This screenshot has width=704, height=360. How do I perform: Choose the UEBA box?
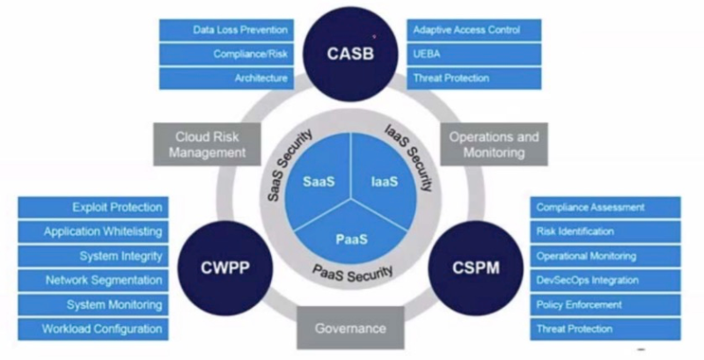(x=473, y=54)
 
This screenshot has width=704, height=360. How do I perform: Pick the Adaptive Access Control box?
(x=473, y=30)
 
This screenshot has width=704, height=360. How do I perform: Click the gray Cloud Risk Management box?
(x=206, y=144)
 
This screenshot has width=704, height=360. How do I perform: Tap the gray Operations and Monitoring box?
(x=494, y=144)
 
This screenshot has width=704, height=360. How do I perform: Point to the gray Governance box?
(x=349, y=328)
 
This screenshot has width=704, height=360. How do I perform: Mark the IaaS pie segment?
(x=383, y=182)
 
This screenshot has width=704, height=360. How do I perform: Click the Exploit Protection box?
(x=92, y=208)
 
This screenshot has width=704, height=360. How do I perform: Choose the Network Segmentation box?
(x=92, y=280)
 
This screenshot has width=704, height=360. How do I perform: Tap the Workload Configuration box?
(x=92, y=328)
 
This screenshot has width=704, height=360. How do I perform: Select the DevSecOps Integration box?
(x=605, y=280)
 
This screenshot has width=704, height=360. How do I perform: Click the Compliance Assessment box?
(x=605, y=208)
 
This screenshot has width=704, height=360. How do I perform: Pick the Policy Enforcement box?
(x=605, y=305)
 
